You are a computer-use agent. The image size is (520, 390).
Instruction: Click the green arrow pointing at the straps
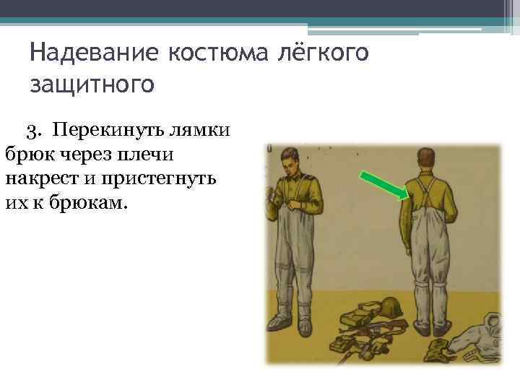pos(383,183)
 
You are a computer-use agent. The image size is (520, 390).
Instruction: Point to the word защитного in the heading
pos(92,84)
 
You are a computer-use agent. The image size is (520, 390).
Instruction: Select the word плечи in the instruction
pos(167,154)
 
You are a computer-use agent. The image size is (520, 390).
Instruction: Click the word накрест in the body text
pos(45,177)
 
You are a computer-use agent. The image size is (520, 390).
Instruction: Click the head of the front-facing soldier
pos(285,158)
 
